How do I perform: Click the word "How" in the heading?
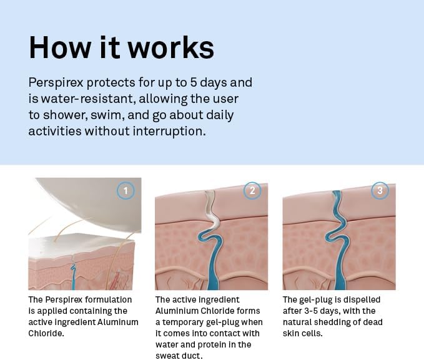point(60,47)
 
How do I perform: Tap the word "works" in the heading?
point(171,47)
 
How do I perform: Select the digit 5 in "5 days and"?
point(194,82)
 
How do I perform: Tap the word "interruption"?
point(170,131)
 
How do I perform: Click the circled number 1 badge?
point(126,190)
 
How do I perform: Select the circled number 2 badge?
point(252,190)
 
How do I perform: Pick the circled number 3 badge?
point(380,190)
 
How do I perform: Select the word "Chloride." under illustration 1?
point(46,333)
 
